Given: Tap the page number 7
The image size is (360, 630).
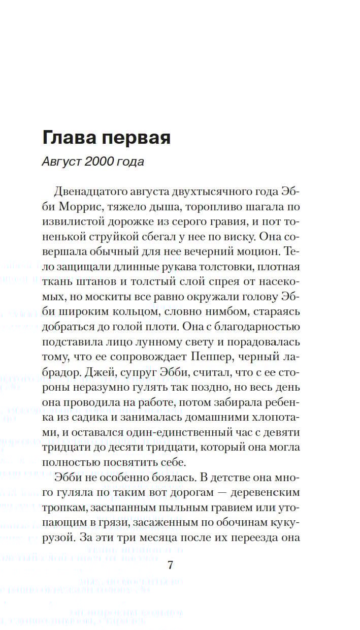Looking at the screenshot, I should click(x=171, y=566).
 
